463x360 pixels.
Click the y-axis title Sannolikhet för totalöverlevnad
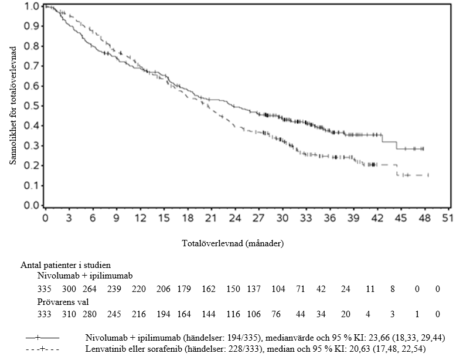(x=13, y=106)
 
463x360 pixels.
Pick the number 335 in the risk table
(x=45, y=289)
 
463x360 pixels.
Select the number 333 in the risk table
(x=45, y=314)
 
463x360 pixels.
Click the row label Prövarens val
(x=62, y=302)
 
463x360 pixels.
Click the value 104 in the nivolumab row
(x=279, y=289)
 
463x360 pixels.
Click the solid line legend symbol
(x=42, y=338)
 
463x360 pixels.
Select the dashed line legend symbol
(x=42, y=350)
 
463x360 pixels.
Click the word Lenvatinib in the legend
(x=104, y=350)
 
